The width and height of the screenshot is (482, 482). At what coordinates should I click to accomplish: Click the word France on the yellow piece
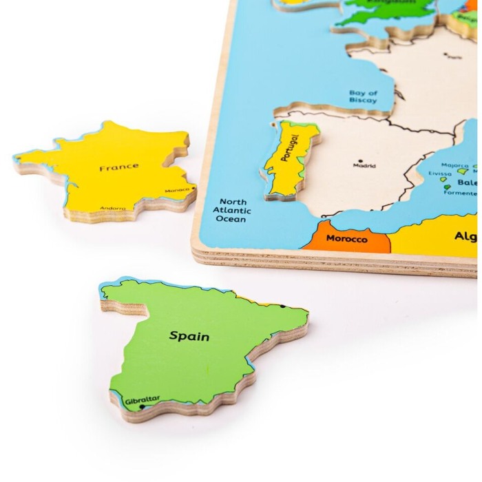coord(118,167)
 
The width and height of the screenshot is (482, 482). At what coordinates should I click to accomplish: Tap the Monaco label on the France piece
coord(177,190)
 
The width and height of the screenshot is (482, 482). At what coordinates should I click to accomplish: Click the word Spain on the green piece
coord(189,337)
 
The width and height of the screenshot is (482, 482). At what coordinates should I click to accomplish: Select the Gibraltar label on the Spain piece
coord(143,398)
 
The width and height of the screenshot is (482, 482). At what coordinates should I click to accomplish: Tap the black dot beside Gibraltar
coord(142,407)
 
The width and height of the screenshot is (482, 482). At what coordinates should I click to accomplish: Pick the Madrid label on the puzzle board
coord(364,165)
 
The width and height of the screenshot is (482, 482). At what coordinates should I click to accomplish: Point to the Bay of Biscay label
coord(363,96)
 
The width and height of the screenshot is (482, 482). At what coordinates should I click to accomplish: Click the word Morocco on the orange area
coord(346,239)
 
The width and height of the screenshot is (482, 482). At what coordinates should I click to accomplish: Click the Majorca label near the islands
coord(454,166)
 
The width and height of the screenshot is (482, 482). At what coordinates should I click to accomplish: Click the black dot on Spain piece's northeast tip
coord(283,306)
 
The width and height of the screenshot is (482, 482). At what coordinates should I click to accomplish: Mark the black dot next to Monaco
coord(193,187)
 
